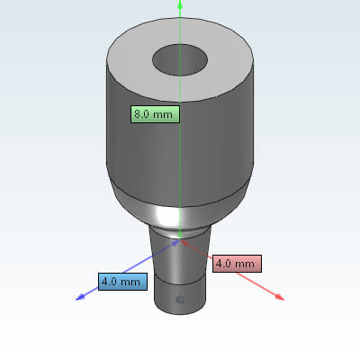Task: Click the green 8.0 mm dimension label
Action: click(155, 114)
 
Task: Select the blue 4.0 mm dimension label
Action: click(122, 282)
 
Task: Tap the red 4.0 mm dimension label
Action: click(237, 264)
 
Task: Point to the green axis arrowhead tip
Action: click(180, 1)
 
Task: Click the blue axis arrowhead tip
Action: click(76, 300)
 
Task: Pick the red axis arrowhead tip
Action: click(283, 300)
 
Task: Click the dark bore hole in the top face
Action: click(180, 60)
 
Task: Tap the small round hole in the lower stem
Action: click(180, 300)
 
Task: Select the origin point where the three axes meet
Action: click(180, 239)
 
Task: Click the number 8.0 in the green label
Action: click(141, 114)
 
